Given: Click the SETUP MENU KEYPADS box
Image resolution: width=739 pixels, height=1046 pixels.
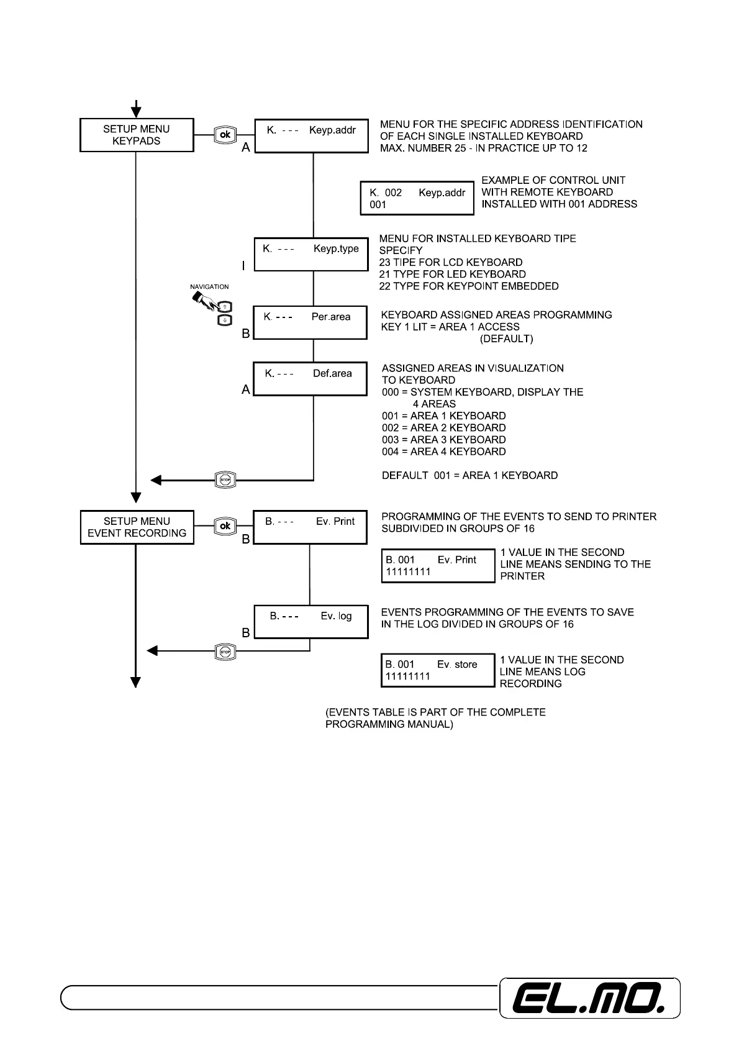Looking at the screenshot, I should (137, 135).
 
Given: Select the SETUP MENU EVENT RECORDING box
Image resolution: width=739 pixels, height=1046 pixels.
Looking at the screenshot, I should (137, 527).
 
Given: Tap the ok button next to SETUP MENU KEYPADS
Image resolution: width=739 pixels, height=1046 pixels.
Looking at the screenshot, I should (225, 135).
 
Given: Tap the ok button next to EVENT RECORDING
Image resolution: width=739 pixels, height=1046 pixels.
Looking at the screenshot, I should (225, 526).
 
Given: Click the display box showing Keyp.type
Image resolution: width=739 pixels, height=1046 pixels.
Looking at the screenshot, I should (311, 253).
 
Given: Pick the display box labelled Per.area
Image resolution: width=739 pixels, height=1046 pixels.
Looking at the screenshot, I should (310, 322).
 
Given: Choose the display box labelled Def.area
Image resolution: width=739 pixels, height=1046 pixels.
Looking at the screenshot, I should (310, 379).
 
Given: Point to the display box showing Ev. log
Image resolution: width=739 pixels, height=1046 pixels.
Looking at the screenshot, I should (312, 622).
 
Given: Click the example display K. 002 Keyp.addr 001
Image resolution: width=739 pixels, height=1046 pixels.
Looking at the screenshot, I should (417, 198).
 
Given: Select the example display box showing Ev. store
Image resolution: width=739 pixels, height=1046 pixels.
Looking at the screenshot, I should (438, 670).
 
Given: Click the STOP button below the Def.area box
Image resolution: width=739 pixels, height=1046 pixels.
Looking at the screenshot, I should (225, 480).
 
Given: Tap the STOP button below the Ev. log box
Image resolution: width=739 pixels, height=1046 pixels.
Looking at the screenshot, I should (225, 651).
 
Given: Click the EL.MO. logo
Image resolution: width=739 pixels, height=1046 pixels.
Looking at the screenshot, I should (589, 998).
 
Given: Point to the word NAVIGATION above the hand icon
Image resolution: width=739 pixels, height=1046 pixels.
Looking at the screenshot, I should (209, 287).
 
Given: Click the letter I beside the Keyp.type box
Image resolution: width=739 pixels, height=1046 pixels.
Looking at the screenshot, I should (243, 266).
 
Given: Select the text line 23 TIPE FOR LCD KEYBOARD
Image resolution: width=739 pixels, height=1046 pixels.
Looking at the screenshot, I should (451, 262).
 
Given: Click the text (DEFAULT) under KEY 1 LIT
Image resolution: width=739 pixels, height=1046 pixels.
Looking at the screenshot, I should (506, 339).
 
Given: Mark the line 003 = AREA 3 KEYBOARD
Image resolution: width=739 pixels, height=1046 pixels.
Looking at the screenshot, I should (443, 440).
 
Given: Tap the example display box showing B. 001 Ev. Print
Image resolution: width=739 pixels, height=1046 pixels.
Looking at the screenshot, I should (438, 565).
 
